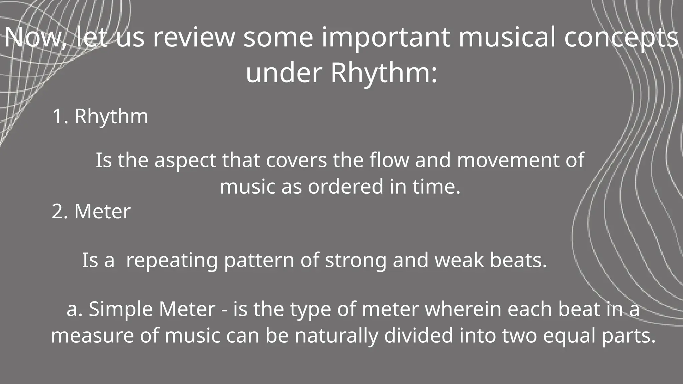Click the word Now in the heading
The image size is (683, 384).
coord(35,37)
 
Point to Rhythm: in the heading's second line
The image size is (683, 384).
coord(384,73)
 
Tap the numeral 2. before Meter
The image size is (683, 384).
coord(60,211)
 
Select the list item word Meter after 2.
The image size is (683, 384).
coord(102,211)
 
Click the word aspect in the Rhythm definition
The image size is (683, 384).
coord(185,161)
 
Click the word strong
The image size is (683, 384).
coord(356,261)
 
